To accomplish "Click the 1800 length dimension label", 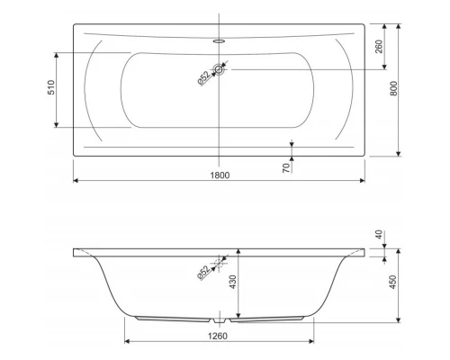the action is (x=220, y=175).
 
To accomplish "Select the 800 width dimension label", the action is (x=393, y=88).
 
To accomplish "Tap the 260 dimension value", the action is (x=379, y=47).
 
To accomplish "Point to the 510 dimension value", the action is (x=51, y=87).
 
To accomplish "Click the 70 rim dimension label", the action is (x=287, y=168).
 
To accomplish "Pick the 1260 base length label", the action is (x=218, y=336).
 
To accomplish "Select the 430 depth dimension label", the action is (x=233, y=282).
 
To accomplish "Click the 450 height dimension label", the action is (x=392, y=282).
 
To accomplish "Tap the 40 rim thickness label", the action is (x=379, y=235).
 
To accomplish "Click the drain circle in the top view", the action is (x=219, y=69).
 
